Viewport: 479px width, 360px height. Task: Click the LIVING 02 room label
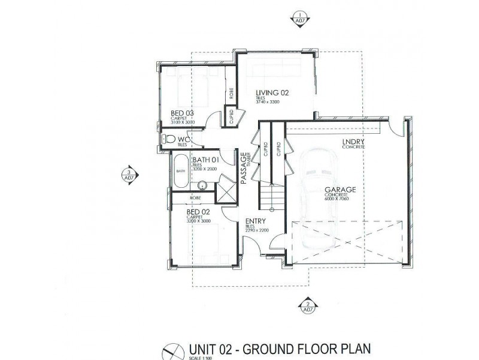(x=272, y=93)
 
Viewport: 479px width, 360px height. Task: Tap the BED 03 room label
(x=182, y=113)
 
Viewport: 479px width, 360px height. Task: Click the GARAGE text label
(x=341, y=190)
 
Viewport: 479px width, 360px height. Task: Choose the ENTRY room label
(x=256, y=221)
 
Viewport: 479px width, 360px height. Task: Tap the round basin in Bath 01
(x=202, y=185)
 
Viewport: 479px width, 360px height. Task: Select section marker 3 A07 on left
(x=128, y=174)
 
